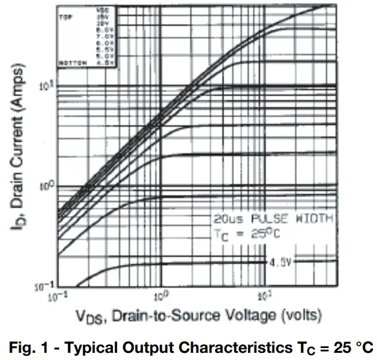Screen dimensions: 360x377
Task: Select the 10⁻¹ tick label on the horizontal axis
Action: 58,295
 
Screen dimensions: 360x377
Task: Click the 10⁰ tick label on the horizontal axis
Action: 160,295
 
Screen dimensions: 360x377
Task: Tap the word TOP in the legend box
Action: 66,17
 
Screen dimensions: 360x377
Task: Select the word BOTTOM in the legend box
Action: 71,62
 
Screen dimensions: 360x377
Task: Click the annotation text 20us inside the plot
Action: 226,219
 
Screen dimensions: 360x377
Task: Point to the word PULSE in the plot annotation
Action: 266,219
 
